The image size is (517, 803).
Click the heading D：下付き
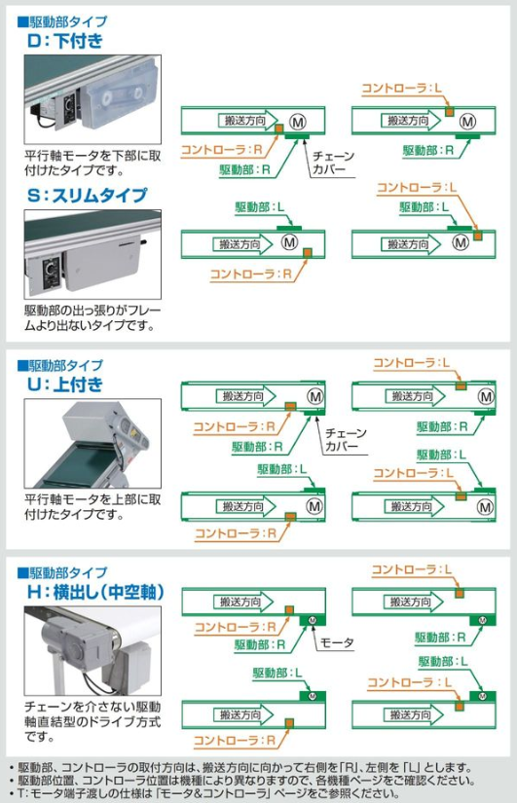65,41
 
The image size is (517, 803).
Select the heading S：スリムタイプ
87,195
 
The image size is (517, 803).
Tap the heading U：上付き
65,384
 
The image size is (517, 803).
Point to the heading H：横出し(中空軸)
95,592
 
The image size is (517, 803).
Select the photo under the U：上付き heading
92,444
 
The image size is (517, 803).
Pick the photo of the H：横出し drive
92,651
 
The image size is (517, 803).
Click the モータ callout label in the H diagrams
337,642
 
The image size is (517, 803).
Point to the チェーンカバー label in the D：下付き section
333,163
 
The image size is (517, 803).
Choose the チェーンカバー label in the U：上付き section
346,439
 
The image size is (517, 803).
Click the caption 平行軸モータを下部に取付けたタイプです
92,163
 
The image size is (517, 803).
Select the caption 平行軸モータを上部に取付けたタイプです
92,507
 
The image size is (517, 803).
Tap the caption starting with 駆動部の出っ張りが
92,317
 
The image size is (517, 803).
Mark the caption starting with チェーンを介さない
92,722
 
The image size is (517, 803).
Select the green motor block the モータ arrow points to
312,620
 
